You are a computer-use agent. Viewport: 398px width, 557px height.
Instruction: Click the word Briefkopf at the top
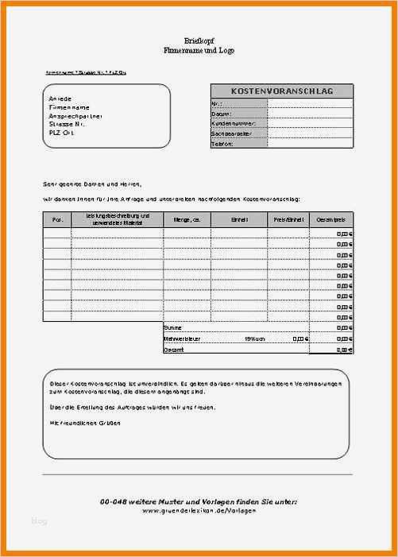pyautogui.click(x=199, y=40)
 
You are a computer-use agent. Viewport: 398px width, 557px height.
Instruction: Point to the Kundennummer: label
pyautogui.click(x=232, y=124)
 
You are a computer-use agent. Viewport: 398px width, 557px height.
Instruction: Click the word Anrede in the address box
pyautogui.click(x=60, y=98)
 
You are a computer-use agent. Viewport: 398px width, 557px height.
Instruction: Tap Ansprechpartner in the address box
pyautogui.click(x=75, y=115)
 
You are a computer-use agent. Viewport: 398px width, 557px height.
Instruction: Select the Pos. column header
pyautogui.click(x=57, y=219)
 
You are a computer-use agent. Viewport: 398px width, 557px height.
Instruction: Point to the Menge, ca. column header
pyautogui.click(x=187, y=219)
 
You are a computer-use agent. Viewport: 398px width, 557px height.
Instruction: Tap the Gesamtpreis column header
pyautogui.click(x=330, y=219)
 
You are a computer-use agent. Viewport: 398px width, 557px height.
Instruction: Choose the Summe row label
pyautogui.click(x=172, y=327)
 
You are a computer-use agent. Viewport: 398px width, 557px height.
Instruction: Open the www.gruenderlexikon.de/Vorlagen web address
pyautogui.click(x=199, y=510)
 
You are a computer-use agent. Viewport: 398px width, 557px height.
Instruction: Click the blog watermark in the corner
pyautogui.click(x=39, y=521)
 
